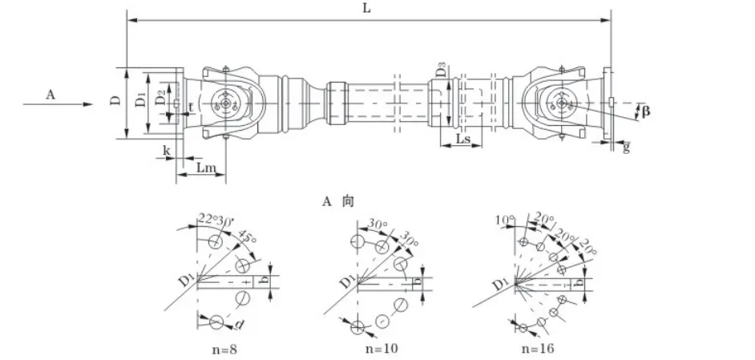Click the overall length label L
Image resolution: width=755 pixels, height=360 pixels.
click(367, 9)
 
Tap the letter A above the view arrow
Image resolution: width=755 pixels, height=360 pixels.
click(50, 95)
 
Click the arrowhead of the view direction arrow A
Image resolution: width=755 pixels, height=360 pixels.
click(87, 104)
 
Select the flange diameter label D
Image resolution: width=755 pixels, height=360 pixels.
click(115, 101)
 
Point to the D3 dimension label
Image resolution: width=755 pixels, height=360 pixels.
click(441, 72)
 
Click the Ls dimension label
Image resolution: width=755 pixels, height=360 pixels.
click(462, 140)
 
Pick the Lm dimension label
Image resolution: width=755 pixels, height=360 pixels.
click(205, 168)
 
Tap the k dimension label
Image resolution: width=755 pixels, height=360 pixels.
click(167, 151)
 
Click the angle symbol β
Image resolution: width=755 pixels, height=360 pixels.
click(645, 111)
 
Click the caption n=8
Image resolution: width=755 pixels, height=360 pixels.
click(224, 349)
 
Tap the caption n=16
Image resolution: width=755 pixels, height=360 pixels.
click(537, 349)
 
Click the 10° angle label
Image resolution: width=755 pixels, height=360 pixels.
click(503, 220)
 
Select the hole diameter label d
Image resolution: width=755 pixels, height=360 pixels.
click(239, 325)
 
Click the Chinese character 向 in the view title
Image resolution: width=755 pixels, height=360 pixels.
click(348, 201)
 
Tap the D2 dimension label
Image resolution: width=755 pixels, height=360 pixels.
click(159, 99)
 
